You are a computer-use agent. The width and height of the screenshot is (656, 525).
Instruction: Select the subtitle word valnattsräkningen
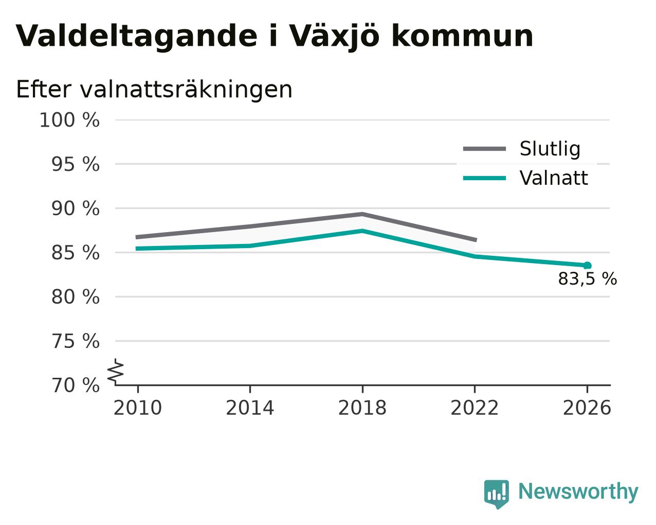186,90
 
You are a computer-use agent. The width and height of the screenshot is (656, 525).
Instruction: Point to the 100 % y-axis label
69,120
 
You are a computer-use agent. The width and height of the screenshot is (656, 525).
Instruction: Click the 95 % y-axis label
76,164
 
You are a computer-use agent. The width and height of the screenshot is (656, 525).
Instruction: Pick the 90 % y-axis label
76,209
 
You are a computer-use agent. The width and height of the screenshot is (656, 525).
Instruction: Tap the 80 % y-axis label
76,297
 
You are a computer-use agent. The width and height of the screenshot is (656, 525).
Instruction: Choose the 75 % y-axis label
76,341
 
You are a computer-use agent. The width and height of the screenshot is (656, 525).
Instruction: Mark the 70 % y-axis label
76,386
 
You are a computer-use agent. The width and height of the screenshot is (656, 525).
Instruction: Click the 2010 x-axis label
137,408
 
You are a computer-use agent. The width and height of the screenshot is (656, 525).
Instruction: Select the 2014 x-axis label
250,408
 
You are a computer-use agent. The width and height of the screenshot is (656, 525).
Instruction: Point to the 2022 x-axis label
475,408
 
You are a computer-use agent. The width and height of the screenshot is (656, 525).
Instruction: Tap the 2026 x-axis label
587,408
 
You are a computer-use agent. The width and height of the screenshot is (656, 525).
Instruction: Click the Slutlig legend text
550,149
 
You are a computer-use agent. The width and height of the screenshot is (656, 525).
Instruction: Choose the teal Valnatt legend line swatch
484,178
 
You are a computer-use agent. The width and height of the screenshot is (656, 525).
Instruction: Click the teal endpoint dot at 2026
588,266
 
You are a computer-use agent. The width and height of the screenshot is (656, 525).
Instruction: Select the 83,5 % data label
588,279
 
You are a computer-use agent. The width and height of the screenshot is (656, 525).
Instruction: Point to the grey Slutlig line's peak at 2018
362,214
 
